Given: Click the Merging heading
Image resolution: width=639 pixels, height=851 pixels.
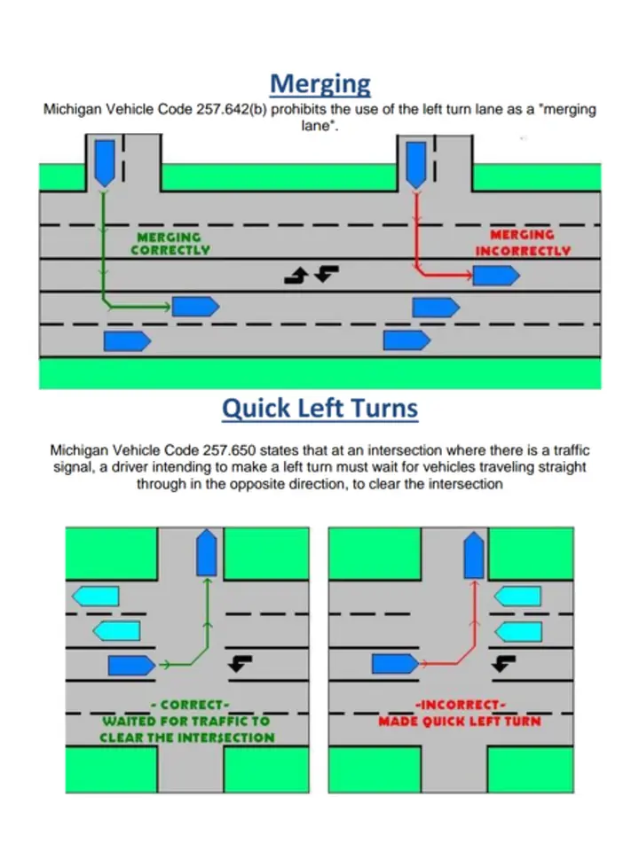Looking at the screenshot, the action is tap(320, 85).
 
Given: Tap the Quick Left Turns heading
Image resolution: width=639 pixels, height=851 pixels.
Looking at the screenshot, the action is tap(320, 408).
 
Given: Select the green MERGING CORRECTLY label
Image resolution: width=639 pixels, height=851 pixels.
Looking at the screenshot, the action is tap(170, 244).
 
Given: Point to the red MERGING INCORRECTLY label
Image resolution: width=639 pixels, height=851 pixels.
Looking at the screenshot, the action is tap(523, 243).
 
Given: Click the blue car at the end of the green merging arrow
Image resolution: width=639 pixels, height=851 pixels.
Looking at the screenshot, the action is tap(195, 307).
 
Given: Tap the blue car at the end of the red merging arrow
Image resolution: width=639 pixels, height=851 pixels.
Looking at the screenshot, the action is tap(496, 276).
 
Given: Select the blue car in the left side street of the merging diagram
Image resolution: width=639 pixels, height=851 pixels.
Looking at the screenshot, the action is tap(105, 163).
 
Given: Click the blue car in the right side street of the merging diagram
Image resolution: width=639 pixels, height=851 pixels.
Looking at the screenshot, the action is tap(416, 165).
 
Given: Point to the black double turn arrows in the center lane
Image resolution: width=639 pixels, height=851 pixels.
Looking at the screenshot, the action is tap(312, 274).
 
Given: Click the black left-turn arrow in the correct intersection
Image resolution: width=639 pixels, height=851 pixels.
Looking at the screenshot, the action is tap(240, 663).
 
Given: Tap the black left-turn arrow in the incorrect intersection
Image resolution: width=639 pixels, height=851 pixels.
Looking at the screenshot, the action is tap(503, 663).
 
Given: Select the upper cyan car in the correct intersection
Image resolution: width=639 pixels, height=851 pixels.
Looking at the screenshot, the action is tap(96, 596).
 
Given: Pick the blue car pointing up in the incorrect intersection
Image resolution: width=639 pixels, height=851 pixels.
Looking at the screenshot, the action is tap(474, 555).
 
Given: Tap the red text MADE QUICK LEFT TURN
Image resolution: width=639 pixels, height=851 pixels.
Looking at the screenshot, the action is tap(460, 722).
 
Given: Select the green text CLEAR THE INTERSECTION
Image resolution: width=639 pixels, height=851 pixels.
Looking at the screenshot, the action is tap(187, 738).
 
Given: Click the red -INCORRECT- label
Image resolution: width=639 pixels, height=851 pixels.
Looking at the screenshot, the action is tap(461, 705).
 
